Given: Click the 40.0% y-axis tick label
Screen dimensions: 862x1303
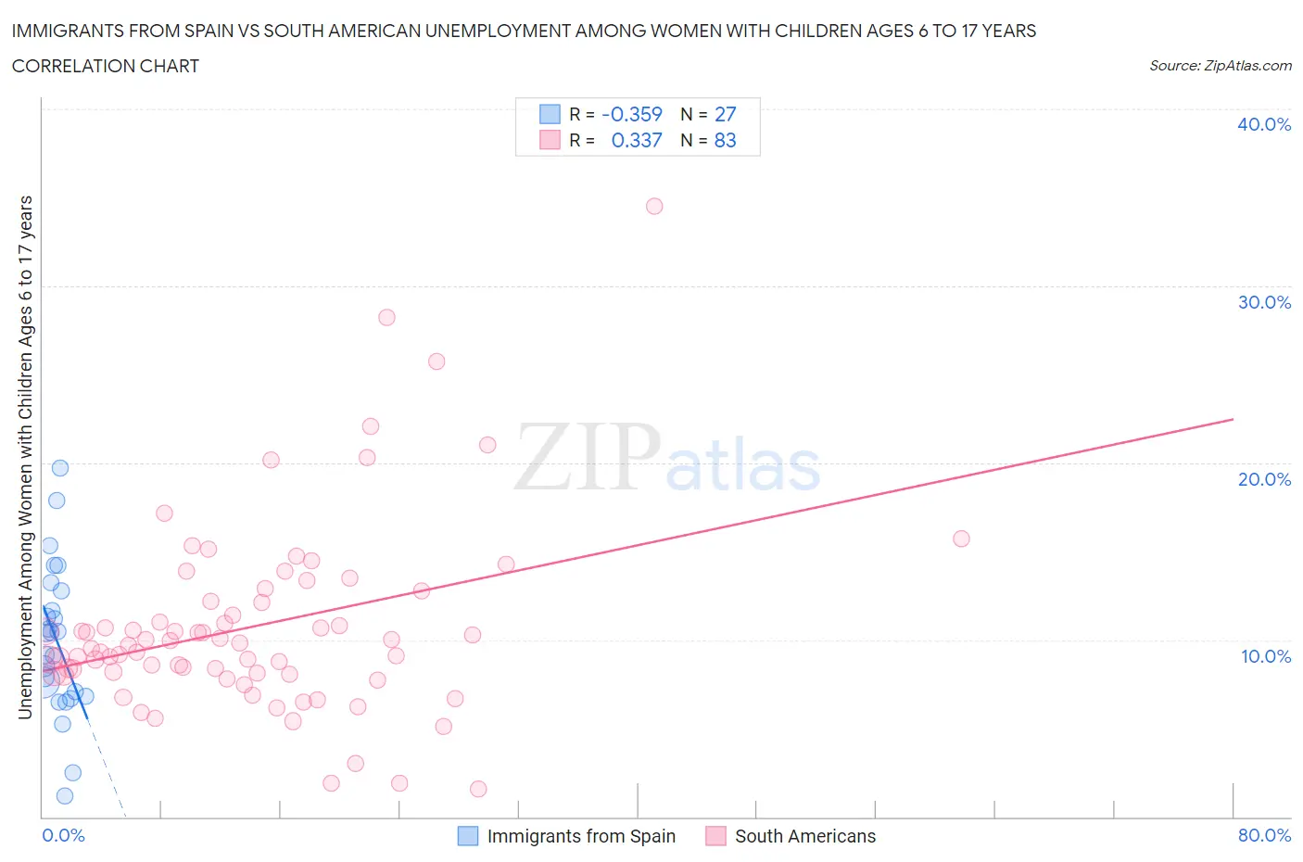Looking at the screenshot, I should (x=1263, y=124).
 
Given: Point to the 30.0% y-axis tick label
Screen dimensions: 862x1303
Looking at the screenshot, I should (x=1263, y=302).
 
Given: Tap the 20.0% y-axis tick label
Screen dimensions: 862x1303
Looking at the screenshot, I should (x=1263, y=479).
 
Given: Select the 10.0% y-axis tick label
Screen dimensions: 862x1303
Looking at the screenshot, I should (x=1265, y=656).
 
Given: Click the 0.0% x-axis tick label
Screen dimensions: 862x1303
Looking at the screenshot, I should (x=63, y=835).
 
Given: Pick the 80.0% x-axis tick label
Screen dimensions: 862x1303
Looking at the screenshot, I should (x=1264, y=835).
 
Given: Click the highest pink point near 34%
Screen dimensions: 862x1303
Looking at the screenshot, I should (x=654, y=206).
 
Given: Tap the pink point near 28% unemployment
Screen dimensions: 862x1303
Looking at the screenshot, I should (x=386, y=317).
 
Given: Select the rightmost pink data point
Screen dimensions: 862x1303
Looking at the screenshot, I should (x=961, y=539).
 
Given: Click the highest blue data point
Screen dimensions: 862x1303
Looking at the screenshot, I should (x=60, y=468).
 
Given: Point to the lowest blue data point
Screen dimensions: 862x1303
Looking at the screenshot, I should (x=65, y=795).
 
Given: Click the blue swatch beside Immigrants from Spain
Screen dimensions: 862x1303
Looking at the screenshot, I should (x=468, y=836).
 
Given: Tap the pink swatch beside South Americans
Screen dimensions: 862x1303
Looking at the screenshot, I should (x=715, y=836).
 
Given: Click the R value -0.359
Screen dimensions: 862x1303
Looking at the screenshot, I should (x=632, y=114).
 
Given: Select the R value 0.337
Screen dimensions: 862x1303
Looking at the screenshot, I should (x=637, y=140).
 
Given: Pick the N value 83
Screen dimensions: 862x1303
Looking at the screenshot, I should (x=725, y=140).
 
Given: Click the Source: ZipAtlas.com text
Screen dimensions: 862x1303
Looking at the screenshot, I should (x=1220, y=66).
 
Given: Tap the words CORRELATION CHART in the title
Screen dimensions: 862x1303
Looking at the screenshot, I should (x=106, y=66).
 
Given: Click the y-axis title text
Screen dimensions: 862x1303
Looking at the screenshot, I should (x=25, y=457).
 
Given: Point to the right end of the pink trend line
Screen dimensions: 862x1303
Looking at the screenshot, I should (x=1233, y=419).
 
